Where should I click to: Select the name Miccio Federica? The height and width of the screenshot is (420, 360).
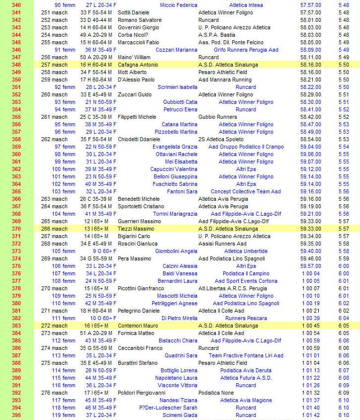(179, 5)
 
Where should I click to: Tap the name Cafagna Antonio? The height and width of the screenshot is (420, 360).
(138, 65)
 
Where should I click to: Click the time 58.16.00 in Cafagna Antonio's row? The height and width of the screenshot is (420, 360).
(311, 65)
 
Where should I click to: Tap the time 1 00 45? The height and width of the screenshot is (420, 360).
(311, 326)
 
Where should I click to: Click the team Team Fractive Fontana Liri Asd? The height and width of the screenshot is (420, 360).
(246, 355)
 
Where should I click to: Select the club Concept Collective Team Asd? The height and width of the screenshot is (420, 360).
(246, 191)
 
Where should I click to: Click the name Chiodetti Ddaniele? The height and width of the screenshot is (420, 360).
(139, 139)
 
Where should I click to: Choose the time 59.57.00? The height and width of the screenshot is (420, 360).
(311, 266)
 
